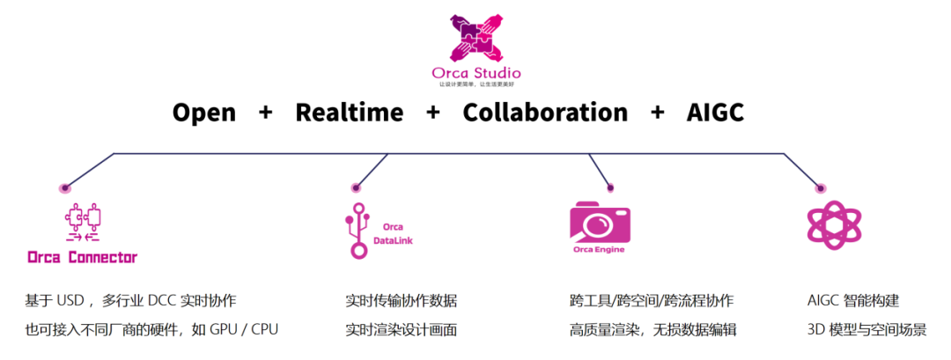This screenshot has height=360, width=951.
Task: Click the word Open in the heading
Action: tap(204, 113)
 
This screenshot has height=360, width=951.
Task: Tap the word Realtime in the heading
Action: tap(349, 113)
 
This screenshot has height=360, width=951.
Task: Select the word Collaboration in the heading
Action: tap(545, 113)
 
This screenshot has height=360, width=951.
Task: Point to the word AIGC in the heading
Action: tap(715, 113)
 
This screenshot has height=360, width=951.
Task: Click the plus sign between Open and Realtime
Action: tap(266, 113)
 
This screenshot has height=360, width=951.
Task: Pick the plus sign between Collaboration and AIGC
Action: tap(658, 113)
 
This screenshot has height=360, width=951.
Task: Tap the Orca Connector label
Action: tap(82, 258)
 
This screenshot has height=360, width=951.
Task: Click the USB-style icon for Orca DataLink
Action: tap(358, 231)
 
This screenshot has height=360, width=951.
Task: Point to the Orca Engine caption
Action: tap(600, 249)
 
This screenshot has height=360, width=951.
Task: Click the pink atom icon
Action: tap(833, 224)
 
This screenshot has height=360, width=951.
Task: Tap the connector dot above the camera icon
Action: tap(609, 187)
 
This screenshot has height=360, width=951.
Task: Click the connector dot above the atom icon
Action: tap(820, 187)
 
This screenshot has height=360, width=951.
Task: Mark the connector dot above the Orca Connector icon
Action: tap(63, 188)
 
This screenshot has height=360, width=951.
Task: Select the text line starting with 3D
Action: tap(866, 330)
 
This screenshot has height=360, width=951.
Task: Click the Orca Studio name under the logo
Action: tap(475, 73)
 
